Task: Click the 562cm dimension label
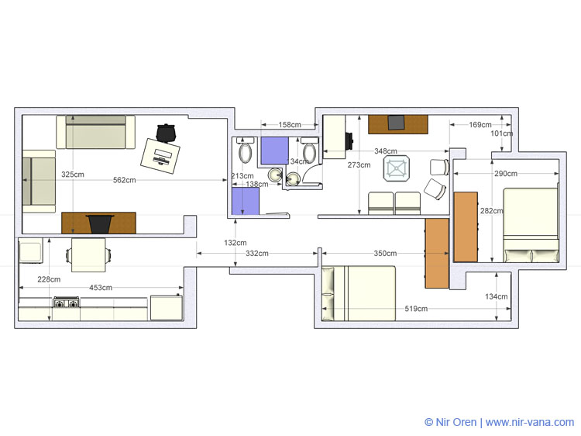(x=125, y=180)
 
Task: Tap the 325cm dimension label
(x=73, y=175)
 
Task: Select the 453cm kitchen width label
(x=101, y=288)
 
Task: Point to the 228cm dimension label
(x=49, y=279)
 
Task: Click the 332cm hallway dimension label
(x=257, y=254)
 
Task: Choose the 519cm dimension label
(x=416, y=308)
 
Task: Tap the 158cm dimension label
(x=290, y=125)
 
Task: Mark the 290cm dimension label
(x=506, y=173)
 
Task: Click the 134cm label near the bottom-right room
(x=497, y=296)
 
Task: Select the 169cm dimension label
(x=480, y=125)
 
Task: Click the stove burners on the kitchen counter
(x=67, y=303)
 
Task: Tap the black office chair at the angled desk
(x=166, y=133)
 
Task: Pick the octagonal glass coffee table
(x=397, y=168)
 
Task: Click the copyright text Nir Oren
(x=451, y=422)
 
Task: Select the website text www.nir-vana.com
(x=530, y=422)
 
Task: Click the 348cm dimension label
(x=386, y=151)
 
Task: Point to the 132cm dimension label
(x=235, y=243)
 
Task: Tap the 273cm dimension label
(x=359, y=164)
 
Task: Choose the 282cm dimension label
(x=492, y=211)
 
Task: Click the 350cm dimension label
(x=385, y=254)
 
